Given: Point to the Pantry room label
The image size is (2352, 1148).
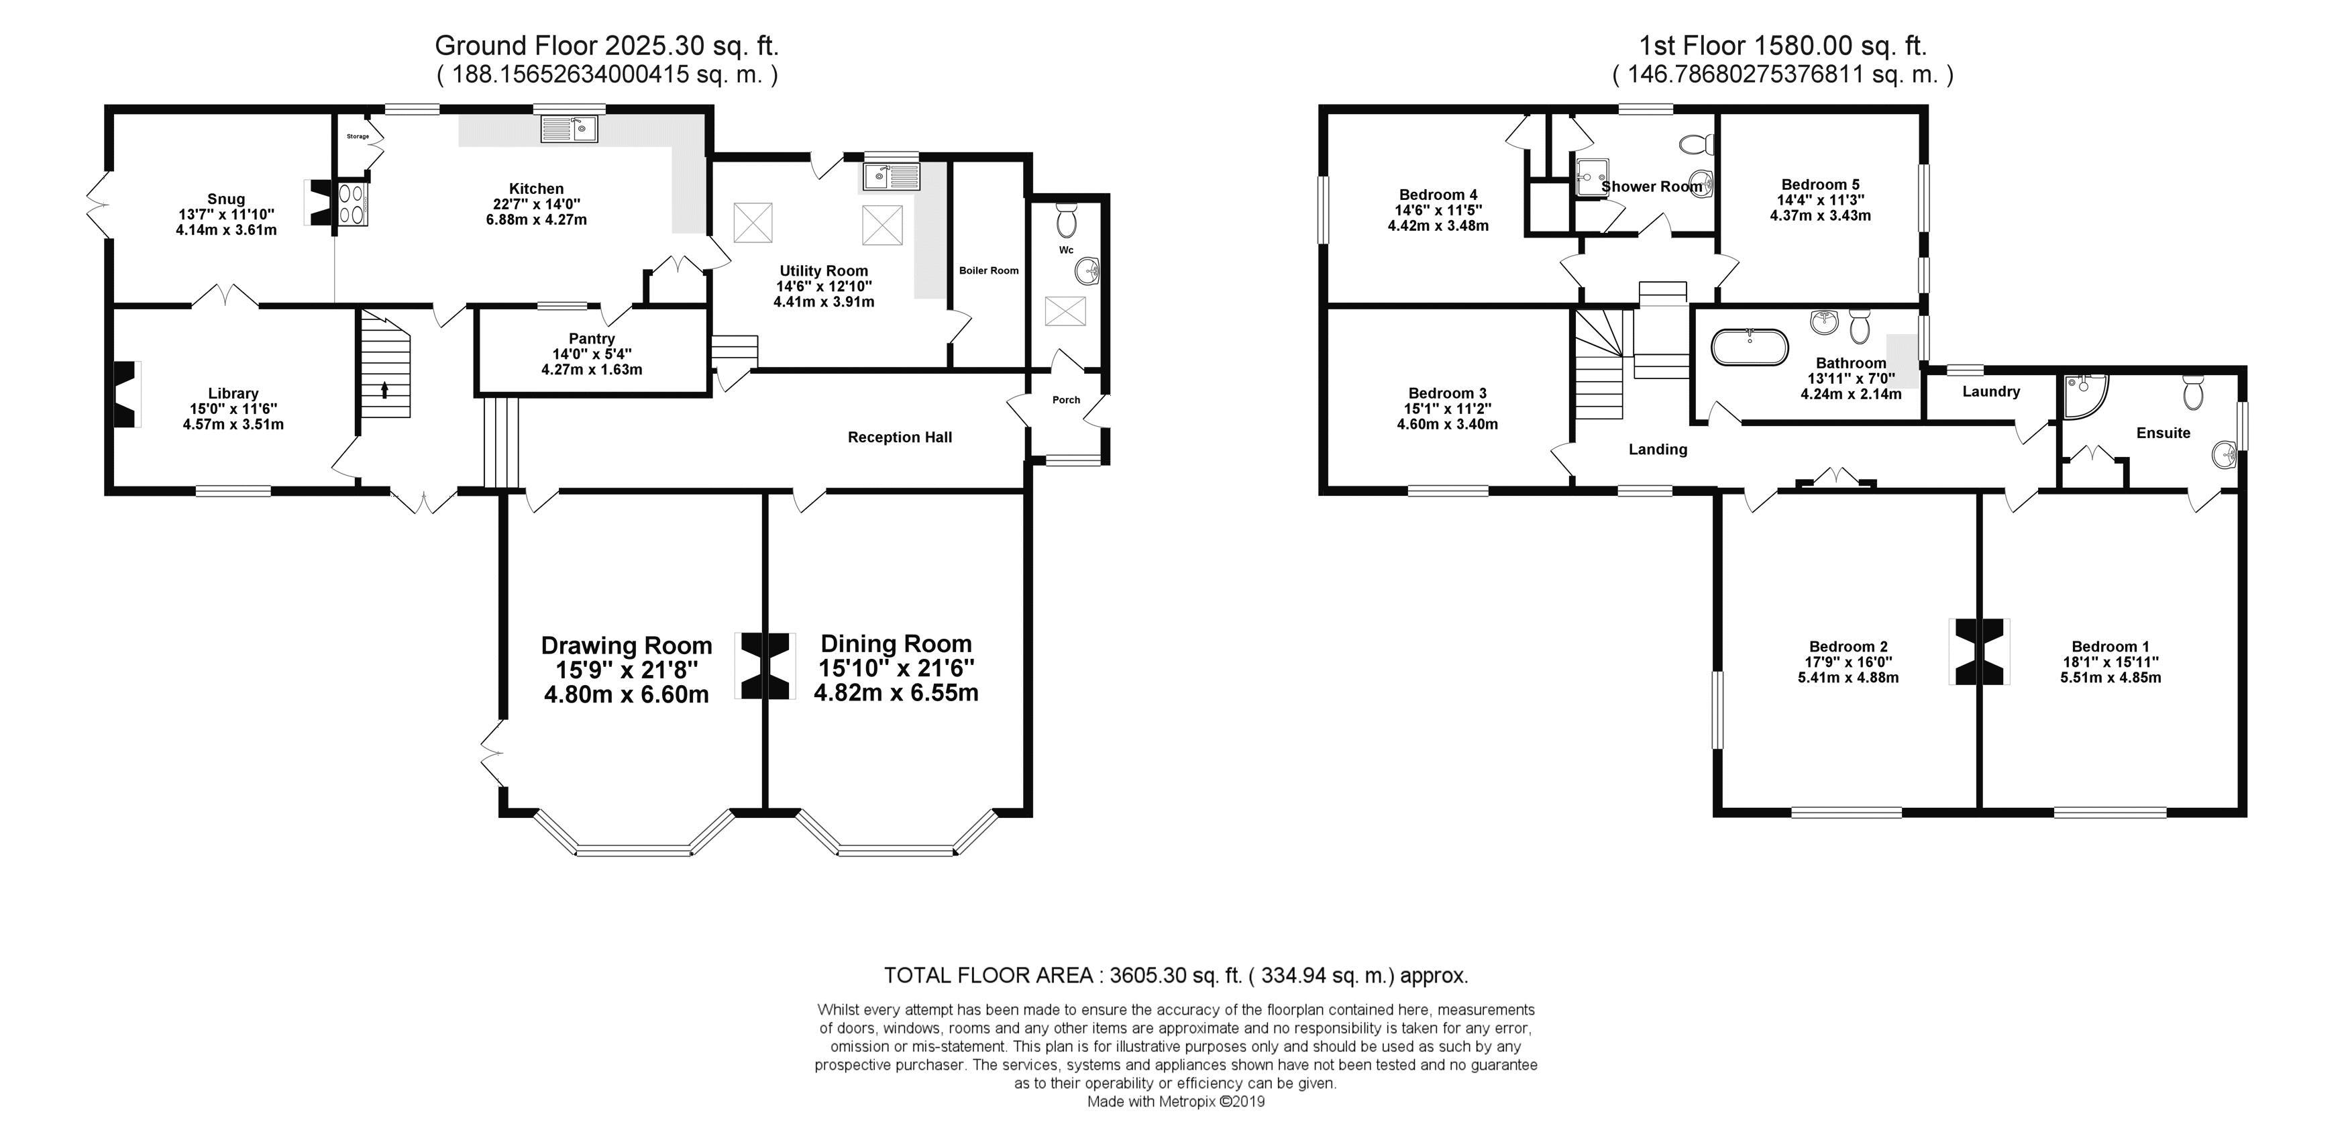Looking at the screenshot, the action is (x=592, y=339).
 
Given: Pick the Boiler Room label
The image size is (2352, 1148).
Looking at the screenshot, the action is (x=989, y=270).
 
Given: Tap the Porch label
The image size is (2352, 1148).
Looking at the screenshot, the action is (x=1065, y=400).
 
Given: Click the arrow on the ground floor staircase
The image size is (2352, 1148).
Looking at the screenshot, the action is (x=384, y=390).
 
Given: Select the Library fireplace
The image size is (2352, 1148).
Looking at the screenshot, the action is (x=127, y=394).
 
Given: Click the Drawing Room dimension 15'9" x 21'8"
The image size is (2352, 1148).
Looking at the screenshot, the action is (x=627, y=670).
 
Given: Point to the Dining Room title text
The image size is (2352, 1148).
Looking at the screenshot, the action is (x=896, y=644).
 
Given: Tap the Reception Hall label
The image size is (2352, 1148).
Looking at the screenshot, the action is (x=900, y=437).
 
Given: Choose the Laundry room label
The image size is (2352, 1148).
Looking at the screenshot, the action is (x=1990, y=392).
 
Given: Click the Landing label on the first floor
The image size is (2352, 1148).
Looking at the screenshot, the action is (x=1658, y=450).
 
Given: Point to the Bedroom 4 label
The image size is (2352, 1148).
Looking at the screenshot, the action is (x=1438, y=195).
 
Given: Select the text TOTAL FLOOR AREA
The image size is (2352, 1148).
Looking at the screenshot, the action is (x=988, y=976).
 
